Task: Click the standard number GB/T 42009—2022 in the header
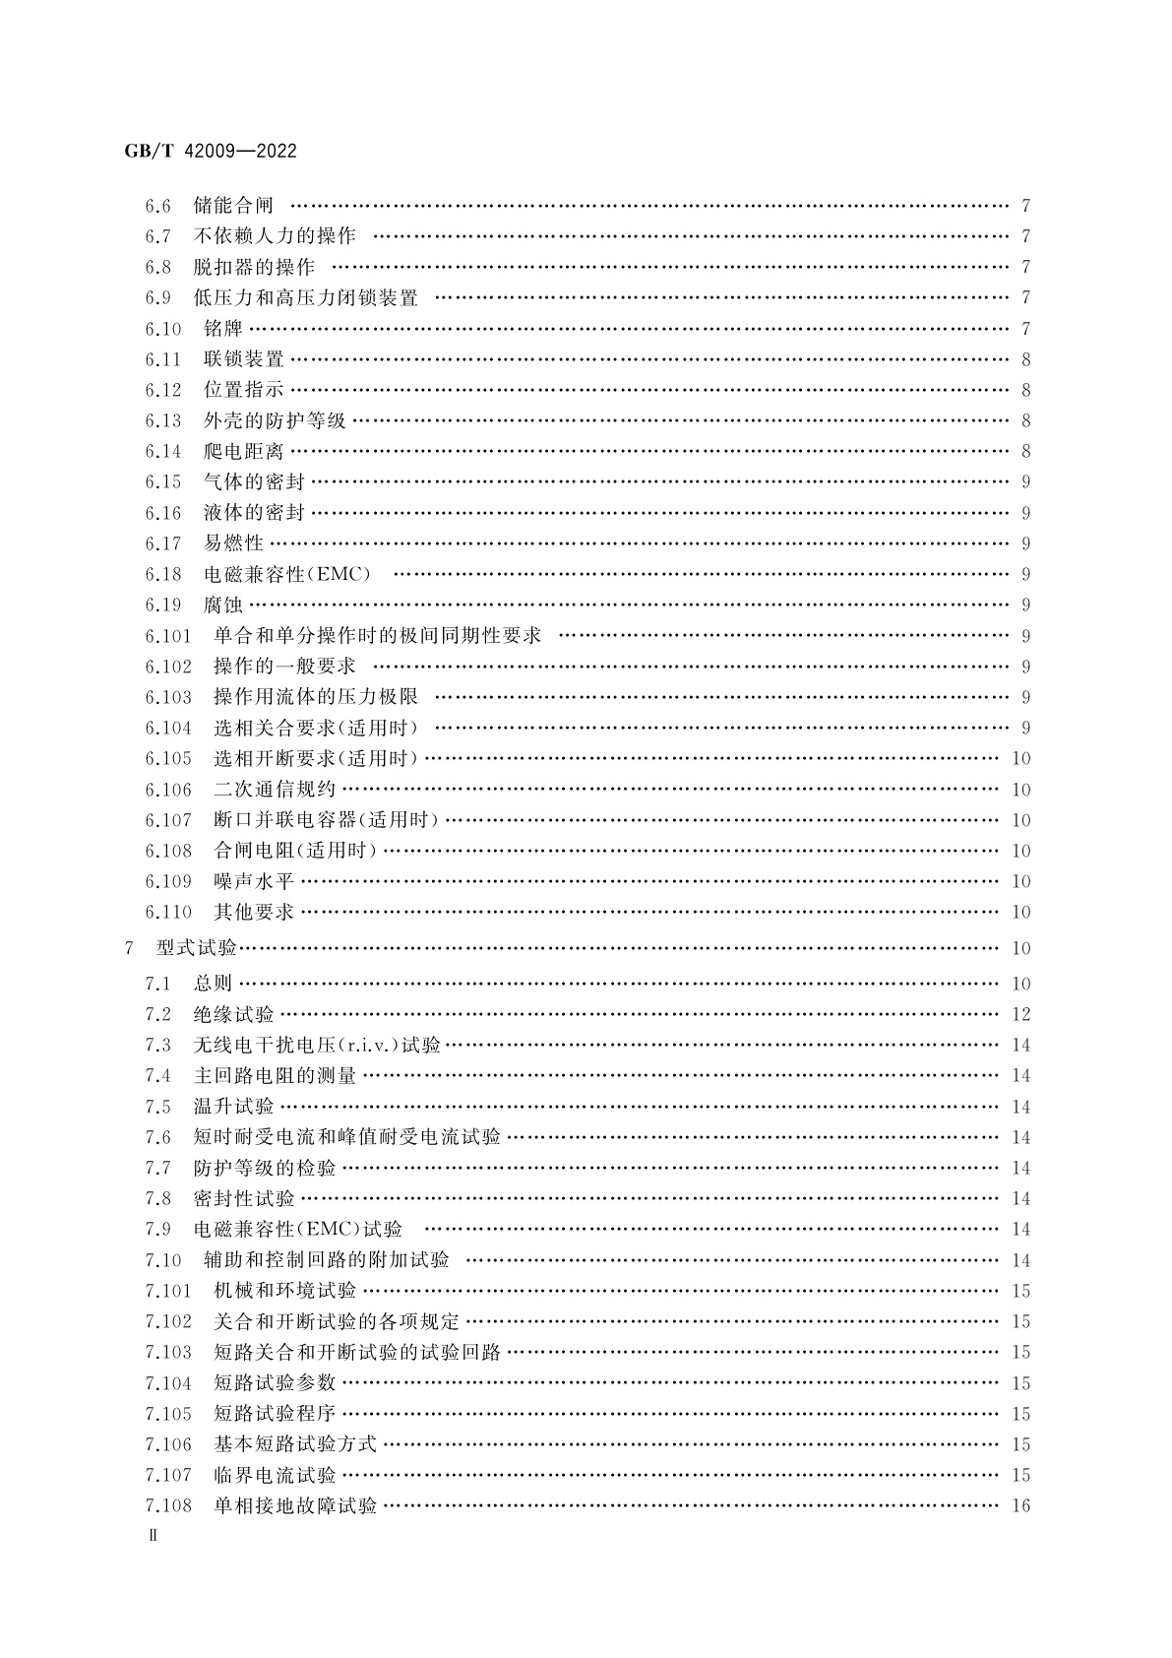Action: [211, 152]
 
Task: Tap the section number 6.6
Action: [157, 206]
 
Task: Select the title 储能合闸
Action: [233, 206]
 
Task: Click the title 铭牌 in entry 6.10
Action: [223, 329]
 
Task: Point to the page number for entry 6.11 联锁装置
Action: [1026, 359]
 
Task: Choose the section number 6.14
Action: [163, 451]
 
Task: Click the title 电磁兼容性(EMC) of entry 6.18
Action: [287, 574]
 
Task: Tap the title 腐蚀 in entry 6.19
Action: [223, 605]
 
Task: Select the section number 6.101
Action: [168, 636]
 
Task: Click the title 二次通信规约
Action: [275, 790]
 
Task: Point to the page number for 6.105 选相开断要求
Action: [1020, 759]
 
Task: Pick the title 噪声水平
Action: [254, 881]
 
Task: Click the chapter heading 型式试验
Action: [197, 948]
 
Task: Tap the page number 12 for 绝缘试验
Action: [1020, 1014]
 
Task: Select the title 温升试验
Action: [233, 1107]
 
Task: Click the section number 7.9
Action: [157, 1229]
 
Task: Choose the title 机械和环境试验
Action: [284, 1291]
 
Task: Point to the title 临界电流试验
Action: [275, 1475]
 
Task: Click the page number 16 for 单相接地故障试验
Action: [1020, 1505]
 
